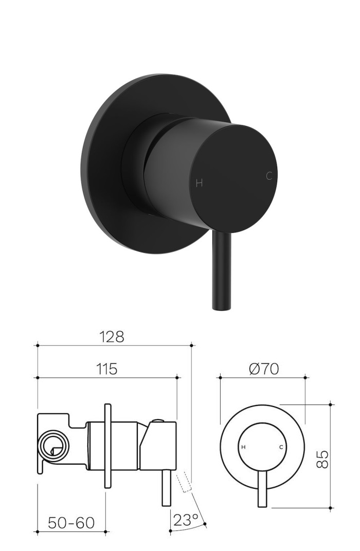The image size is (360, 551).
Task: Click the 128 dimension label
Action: (112, 337)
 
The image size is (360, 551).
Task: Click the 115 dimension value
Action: (106, 369)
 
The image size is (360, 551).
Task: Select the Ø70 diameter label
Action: (263, 369)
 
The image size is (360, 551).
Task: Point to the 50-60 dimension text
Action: (71, 523)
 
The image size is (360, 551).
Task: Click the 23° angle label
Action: (186, 520)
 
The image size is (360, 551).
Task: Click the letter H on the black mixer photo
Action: (200, 183)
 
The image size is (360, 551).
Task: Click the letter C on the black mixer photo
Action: (268, 176)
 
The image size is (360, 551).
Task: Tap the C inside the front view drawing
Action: (281, 447)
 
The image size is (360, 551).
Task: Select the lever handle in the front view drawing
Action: (263, 488)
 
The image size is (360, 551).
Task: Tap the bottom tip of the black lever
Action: (220, 307)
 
